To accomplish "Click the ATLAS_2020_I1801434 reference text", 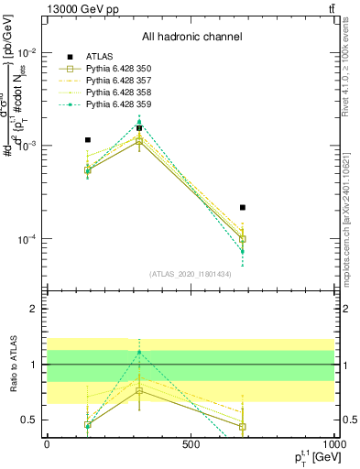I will tap(191, 273).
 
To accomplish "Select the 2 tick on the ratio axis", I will tap(35, 309).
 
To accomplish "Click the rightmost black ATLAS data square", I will tap(243, 208).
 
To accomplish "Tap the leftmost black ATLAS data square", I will tap(88, 140).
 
